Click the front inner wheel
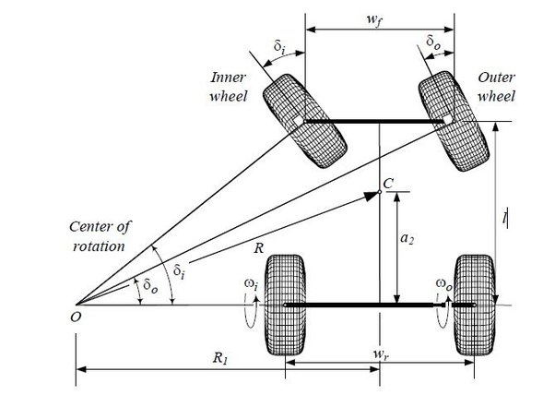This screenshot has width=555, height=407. point(304,122)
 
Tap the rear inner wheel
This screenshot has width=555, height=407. point(285,305)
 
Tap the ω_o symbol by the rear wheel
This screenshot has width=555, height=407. point(443,281)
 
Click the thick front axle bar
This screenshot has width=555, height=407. point(375,122)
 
